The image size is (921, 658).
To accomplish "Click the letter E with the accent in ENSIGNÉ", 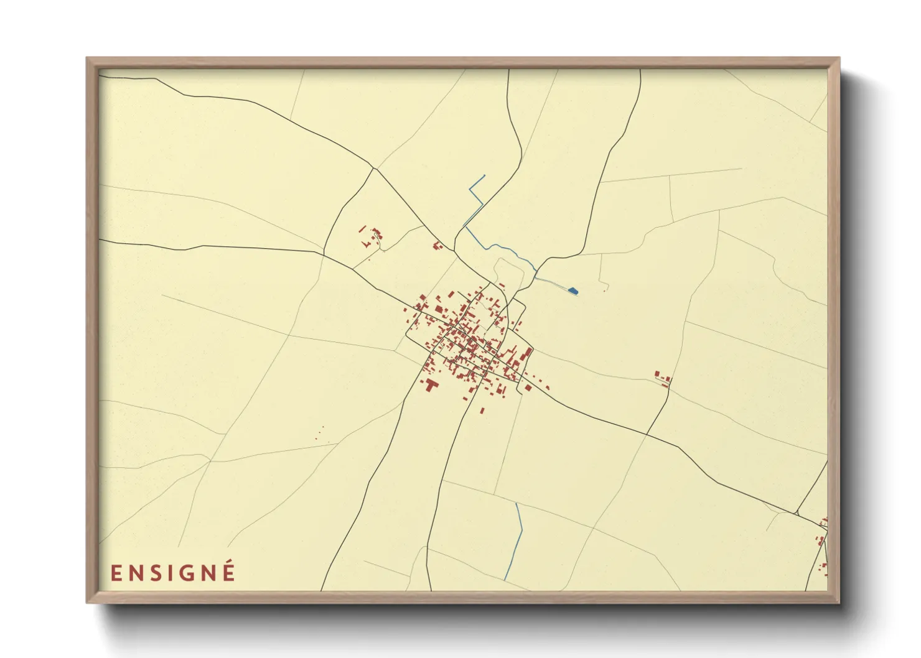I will pyautogui.click(x=228, y=572).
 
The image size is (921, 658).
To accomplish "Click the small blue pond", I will pyautogui.click(x=573, y=290).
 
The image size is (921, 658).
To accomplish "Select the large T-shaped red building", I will pyautogui.click(x=431, y=385).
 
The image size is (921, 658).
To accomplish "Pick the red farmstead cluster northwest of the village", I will pyautogui.click(x=371, y=236).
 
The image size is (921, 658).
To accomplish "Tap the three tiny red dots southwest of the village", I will pyautogui.click(x=320, y=433).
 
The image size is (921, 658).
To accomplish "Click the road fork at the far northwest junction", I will pyautogui.click(x=373, y=168).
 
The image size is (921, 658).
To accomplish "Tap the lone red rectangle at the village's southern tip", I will pyautogui.click(x=482, y=410).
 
